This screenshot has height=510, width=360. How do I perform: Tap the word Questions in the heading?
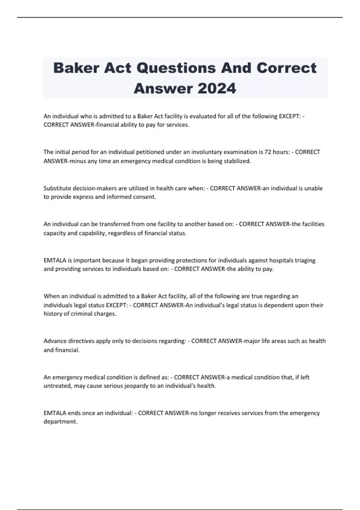click(176, 68)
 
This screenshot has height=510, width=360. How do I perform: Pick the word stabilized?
click(237, 161)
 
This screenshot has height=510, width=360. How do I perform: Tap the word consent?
click(145, 197)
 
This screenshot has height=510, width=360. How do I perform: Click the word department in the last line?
click(60, 421)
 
